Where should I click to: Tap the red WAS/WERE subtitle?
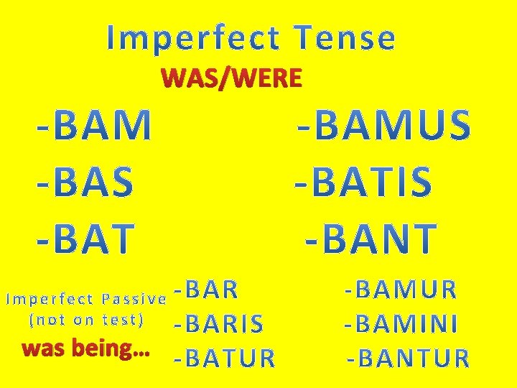click(232, 78)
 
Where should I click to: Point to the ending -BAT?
click(85, 239)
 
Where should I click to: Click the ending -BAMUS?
click(385, 126)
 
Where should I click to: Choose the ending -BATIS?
click(364, 183)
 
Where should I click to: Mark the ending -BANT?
click(371, 238)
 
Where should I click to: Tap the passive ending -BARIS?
click(218, 325)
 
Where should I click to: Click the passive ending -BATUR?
click(224, 358)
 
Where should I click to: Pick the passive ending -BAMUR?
click(400, 290)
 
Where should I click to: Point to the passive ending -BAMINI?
click(400, 324)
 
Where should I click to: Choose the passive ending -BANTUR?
click(408, 357)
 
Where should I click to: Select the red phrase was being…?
click(85, 350)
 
